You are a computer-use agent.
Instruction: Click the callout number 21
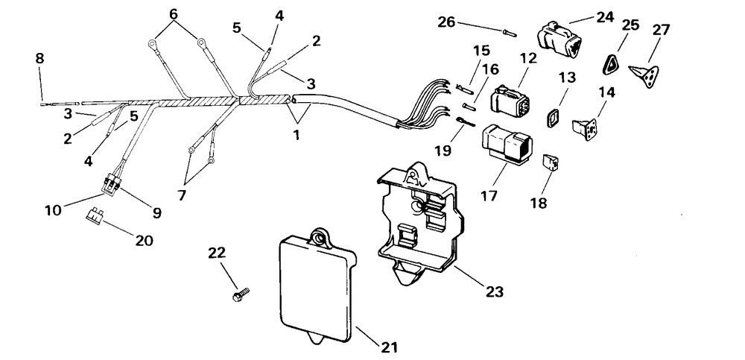[388, 347]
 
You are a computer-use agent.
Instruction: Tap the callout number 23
[494, 291]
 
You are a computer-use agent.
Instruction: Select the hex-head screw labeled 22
[241, 293]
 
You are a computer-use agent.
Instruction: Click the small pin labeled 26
[508, 32]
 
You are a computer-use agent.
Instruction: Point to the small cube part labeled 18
[550, 162]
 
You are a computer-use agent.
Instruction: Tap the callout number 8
[39, 58]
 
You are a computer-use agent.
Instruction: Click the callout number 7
[182, 195]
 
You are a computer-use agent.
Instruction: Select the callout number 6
[174, 14]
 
